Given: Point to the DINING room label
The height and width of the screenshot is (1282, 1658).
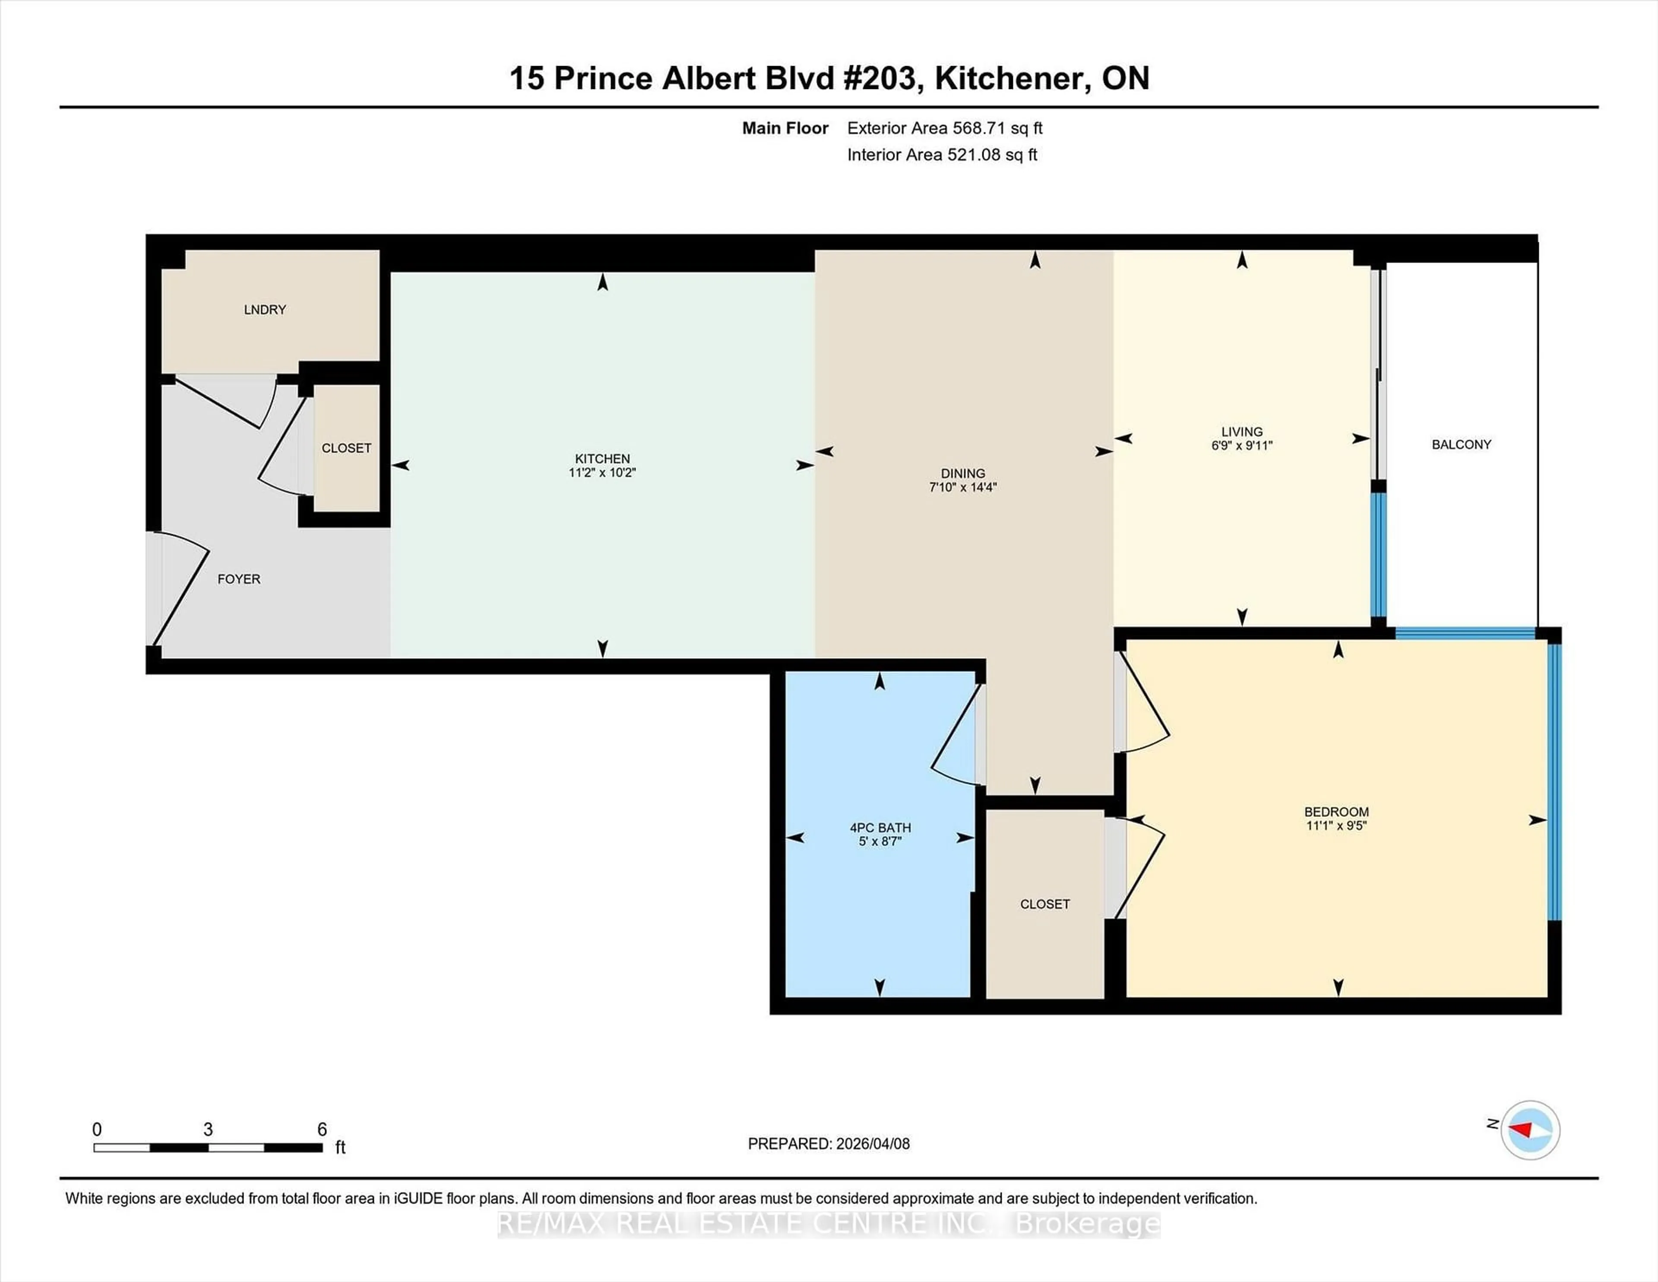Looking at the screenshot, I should click(x=962, y=473).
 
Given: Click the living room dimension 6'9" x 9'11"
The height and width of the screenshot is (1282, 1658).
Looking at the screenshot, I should click(x=1241, y=446).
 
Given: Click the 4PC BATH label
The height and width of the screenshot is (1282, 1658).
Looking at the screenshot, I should click(x=880, y=828).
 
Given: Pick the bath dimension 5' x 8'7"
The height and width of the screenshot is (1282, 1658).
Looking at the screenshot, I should click(x=880, y=841).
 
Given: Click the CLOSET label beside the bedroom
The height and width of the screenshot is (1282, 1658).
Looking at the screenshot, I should click(x=1044, y=904).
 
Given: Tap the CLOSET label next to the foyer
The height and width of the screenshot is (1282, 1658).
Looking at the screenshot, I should click(x=346, y=448).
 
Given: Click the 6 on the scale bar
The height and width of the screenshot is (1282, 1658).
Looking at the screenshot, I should click(x=322, y=1130).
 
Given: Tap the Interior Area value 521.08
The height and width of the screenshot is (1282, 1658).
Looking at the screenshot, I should click(x=973, y=155).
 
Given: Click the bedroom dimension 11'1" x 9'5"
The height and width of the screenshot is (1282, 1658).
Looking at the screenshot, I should click(x=1336, y=825).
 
